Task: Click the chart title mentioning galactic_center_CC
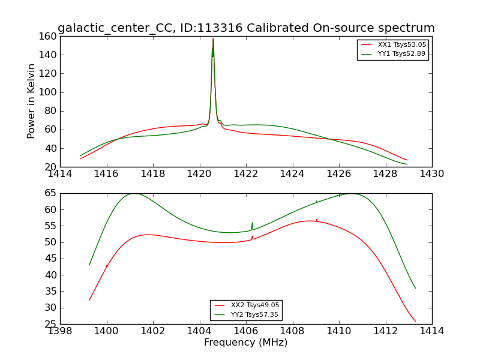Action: point(246,28)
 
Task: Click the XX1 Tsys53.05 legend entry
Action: point(401,45)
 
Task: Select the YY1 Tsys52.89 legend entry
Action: point(401,54)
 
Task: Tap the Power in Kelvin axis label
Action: point(31,101)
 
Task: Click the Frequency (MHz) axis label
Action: point(245,343)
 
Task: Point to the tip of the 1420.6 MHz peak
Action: point(213,38)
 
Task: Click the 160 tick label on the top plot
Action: point(48,36)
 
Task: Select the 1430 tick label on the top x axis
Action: point(431,173)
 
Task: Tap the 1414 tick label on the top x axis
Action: point(61,173)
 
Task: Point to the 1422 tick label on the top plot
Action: point(246,173)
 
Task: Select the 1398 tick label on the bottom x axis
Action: point(61,331)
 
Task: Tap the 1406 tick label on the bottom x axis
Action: point(246,331)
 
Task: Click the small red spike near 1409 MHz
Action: point(317,220)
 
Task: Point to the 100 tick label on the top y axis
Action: point(48,92)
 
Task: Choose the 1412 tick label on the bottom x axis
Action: point(385,331)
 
